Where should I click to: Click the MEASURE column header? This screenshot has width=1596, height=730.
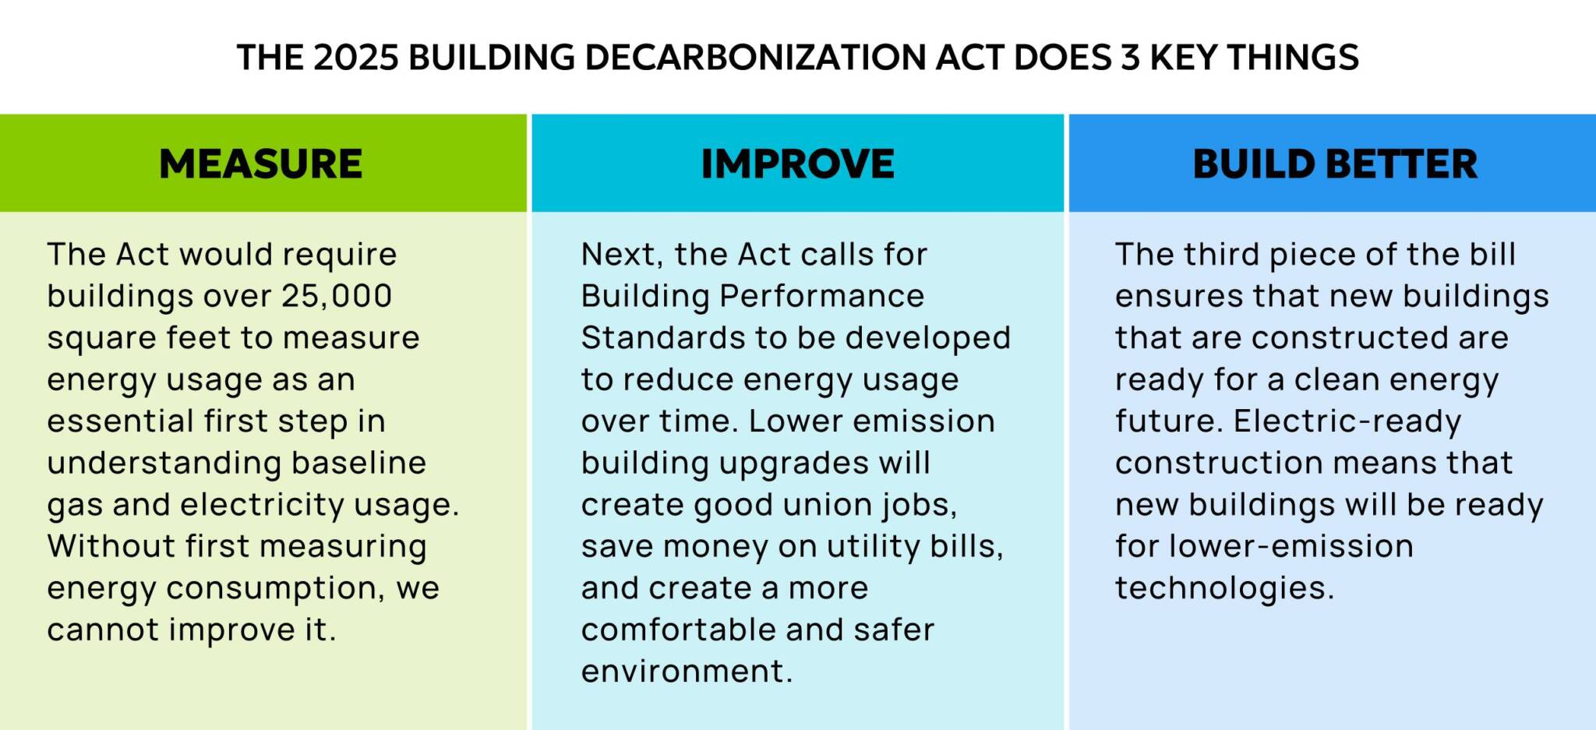[x=260, y=164]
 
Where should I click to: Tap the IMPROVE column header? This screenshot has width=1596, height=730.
[x=797, y=164]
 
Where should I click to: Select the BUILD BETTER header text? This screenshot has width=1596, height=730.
[x=1334, y=164]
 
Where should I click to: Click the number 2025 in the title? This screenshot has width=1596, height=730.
[x=356, y=58]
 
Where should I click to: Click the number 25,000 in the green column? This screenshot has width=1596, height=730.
[x=337, y=296]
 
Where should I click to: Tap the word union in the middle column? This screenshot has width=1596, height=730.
[x=828, y=505]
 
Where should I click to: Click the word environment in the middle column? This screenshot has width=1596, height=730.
[x=686, y=672]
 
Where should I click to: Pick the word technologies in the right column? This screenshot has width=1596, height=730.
[x=1223, y=588]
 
